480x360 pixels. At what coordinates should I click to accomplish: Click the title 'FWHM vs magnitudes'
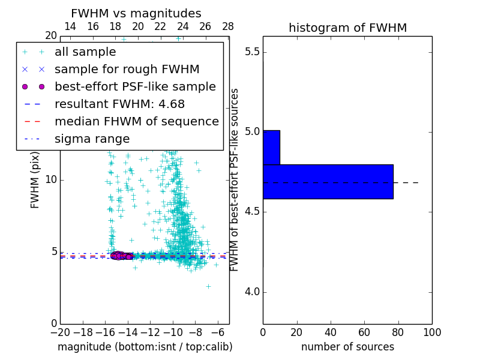click(136, 14)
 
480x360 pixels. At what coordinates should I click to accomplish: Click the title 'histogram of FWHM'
click(347, 28)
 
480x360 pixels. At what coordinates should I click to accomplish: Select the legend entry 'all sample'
click(85, 52)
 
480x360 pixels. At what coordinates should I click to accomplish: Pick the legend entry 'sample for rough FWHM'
click(127, 70)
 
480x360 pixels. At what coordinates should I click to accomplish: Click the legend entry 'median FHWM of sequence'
click(137, 122)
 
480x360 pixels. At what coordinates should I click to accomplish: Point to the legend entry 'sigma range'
click(92, 139)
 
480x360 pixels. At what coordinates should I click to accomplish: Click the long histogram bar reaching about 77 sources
click(328, 181)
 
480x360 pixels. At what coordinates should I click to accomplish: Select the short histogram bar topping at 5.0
click(271, 147)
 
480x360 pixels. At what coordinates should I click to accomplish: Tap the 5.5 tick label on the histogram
click(253, 52)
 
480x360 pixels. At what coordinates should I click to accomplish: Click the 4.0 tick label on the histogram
click(253, 292)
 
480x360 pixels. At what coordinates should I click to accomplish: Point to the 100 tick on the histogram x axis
click(431, 332)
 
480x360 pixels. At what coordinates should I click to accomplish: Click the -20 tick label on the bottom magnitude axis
click(59, 332)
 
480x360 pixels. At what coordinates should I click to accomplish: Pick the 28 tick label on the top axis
click(228, 27)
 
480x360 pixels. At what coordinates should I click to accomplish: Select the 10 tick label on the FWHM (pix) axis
click(50, 180)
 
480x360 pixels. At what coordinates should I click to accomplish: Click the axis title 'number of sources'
click(347, 347)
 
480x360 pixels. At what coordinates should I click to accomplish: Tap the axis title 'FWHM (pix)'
click(35, 180)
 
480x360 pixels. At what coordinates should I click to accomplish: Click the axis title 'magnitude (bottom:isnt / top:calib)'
click(145, 347)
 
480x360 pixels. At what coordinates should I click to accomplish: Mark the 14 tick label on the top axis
click(70, 27)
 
